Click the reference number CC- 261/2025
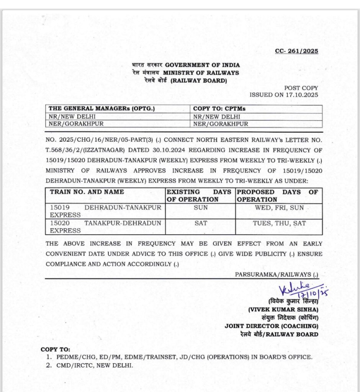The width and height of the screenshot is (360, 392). (x=296, y=51)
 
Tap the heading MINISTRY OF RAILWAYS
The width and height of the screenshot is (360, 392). (x=201, y=73)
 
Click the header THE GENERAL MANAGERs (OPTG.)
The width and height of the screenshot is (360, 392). (x=101, y=109)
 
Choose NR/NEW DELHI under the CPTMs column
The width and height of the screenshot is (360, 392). (x=217, y=116)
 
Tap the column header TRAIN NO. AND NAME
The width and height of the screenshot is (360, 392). (x=87, y=192)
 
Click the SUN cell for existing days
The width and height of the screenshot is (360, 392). (x=201, y=207)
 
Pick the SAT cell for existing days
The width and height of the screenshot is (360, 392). (x=201, y=223)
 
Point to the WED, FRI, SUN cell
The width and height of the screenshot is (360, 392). (x=279, y=207)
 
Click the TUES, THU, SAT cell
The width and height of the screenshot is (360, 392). (x=279, y=223)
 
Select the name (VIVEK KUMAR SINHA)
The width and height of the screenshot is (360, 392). (x=283, y=309)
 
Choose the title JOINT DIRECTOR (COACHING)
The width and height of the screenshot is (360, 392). (x=271, y=326)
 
